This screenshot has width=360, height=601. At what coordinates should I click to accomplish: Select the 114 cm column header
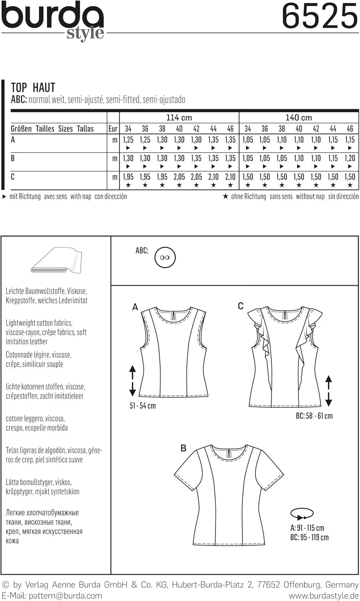pos(179,118)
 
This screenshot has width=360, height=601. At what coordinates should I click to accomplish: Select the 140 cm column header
pos(299,118)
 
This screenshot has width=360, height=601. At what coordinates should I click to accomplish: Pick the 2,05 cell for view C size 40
pos(179,177)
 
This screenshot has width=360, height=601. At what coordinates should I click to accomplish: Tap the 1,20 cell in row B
pos(350,159)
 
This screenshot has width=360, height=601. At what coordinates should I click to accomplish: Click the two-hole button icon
pos(165,257)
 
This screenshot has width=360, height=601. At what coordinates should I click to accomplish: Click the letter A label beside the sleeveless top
pos(135,307)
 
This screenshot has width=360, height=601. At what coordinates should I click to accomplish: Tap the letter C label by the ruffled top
pos(241,306)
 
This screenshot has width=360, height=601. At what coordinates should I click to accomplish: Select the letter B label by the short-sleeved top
pos(183,448)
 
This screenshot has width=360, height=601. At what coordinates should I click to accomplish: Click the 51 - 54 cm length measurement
pos(142,406)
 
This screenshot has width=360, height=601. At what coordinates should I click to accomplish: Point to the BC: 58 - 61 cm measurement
pos(314,416)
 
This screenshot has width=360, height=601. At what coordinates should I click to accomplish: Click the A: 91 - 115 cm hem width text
pos(307,528)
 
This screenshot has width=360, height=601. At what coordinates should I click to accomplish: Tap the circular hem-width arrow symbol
pos(302,513)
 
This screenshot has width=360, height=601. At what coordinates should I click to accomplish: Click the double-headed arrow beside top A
pos(132,380)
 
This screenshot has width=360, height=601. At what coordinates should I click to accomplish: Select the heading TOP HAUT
pos(33,87)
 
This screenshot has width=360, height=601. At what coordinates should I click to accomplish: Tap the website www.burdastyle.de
pos(324,596)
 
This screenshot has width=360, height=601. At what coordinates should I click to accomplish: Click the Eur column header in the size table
pos(113,129)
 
